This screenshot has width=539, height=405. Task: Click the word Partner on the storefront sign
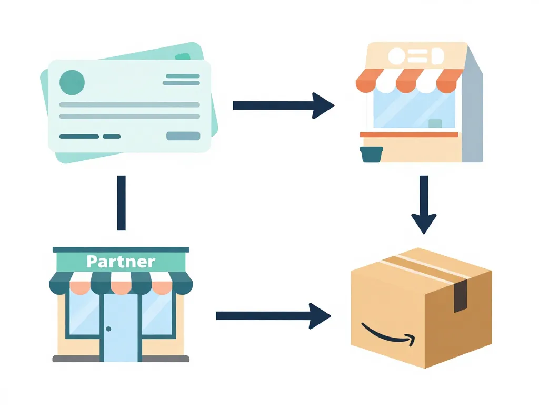121,262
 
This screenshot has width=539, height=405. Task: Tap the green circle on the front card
72,82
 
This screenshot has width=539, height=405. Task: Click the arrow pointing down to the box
424,206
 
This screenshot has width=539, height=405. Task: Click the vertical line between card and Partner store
121,203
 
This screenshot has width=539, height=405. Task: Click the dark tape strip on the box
460,296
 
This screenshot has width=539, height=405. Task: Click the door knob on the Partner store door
108,329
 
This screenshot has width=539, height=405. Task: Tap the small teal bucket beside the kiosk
372,155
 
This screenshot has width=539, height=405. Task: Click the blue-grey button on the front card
183,136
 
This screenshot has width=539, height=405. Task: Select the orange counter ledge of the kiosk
409,134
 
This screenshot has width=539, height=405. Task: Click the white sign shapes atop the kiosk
415,55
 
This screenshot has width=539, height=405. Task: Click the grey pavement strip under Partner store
121,359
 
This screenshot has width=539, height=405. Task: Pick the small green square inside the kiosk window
435,123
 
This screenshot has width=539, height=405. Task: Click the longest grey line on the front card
129,104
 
